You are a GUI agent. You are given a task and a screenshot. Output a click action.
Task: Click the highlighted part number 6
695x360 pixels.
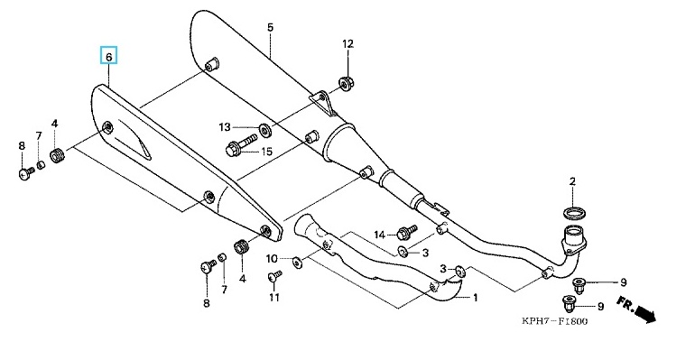(108, 56)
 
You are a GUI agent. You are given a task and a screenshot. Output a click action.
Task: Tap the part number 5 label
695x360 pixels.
(271, 27)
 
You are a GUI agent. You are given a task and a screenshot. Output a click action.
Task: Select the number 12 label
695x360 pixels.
(347, 44)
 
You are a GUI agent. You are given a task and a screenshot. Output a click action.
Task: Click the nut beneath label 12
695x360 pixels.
(347, 83)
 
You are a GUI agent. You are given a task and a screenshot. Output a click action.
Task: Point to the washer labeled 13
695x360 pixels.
(265, 130)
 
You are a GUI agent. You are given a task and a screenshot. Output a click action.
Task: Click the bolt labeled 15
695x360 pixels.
(241, 146)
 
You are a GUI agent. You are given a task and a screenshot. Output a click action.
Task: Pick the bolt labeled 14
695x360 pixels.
(407, 233)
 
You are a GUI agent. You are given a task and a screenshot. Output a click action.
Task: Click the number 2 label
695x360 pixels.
(572, 181)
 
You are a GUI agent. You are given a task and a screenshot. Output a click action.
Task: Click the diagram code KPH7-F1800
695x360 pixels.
(554, 321)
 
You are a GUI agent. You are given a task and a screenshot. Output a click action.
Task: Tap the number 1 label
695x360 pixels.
(475, 298)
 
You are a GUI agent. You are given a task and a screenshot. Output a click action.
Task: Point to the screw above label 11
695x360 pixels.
(274, 277)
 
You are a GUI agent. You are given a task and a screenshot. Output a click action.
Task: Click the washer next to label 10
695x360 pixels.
(297, 263)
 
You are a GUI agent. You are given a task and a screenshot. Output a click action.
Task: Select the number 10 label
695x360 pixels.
(272, 259)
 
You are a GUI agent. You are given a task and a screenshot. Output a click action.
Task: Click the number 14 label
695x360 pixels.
(380, 235)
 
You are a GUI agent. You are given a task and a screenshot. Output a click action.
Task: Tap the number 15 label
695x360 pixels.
(266, 152)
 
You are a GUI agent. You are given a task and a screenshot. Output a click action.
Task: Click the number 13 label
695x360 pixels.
(225, 127)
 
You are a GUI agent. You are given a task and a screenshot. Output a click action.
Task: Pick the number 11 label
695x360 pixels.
(274, 297)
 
